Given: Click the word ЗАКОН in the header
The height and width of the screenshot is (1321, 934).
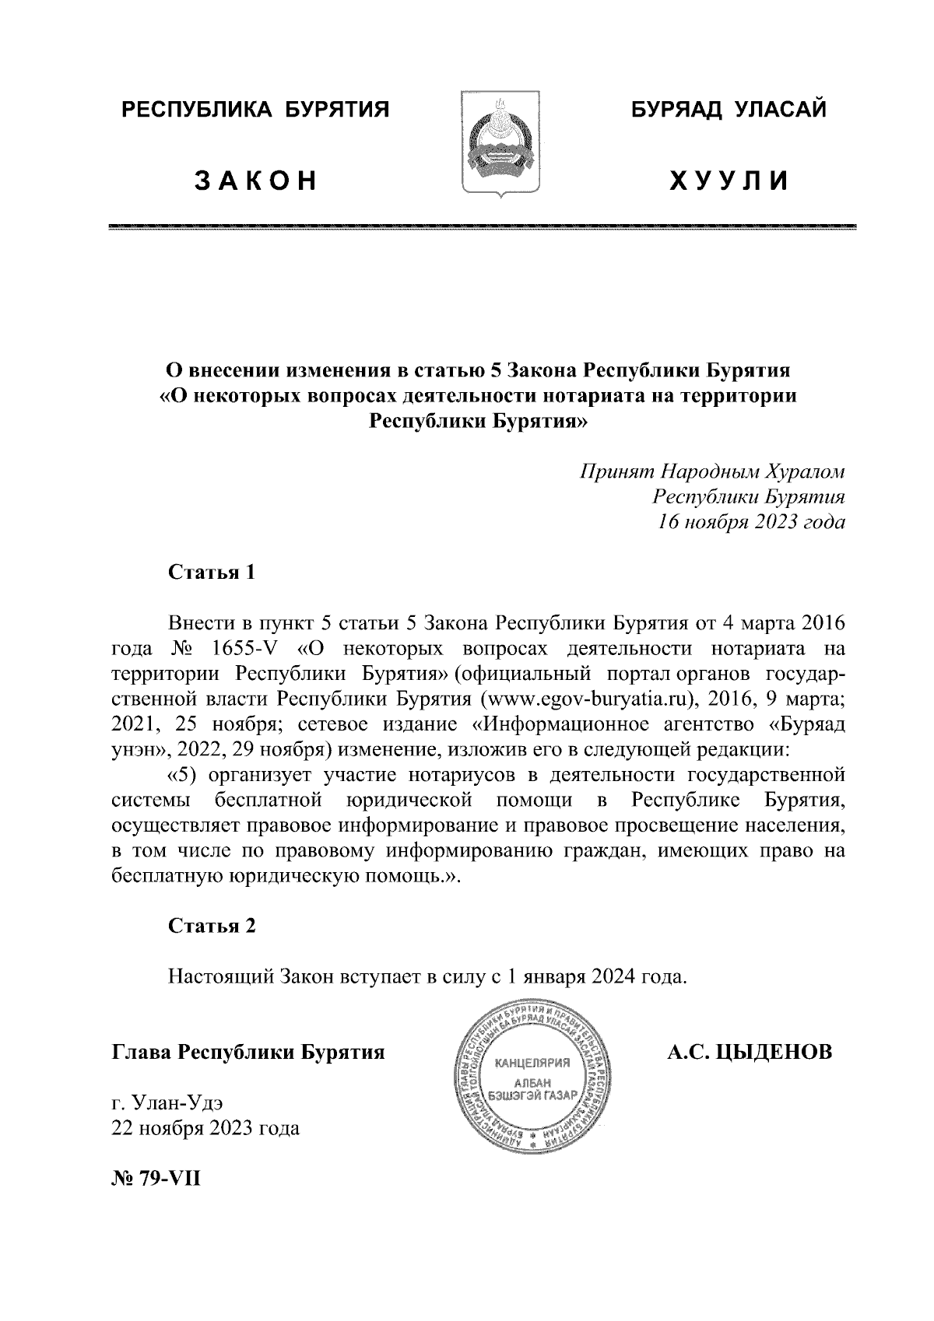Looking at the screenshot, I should (x=254, y=181).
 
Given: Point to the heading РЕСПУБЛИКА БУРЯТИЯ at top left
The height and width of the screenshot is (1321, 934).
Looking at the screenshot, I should (x=252, y=110).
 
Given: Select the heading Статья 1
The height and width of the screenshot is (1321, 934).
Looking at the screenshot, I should (x=212, y=573).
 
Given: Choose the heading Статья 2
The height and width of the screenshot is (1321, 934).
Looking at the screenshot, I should (x=212, y=926).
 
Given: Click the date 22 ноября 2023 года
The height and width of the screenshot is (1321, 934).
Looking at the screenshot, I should (x=206, y=1128).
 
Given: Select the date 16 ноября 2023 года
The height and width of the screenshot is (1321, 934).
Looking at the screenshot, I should (x=750, y=522).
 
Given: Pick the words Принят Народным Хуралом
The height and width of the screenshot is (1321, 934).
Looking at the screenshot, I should (x=711, y=472).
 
